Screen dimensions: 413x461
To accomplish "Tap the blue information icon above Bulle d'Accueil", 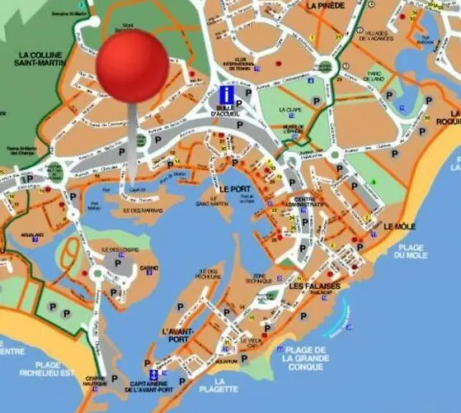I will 226,93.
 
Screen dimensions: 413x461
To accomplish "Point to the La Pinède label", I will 325,5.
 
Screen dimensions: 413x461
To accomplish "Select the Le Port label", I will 234,189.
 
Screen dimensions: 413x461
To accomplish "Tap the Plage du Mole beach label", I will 410,251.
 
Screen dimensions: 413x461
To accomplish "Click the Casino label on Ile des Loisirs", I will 148,268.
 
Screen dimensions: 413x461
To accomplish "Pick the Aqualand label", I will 34,234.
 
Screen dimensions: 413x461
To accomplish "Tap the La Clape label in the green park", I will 290,110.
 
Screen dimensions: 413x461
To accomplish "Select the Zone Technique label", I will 264,278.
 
